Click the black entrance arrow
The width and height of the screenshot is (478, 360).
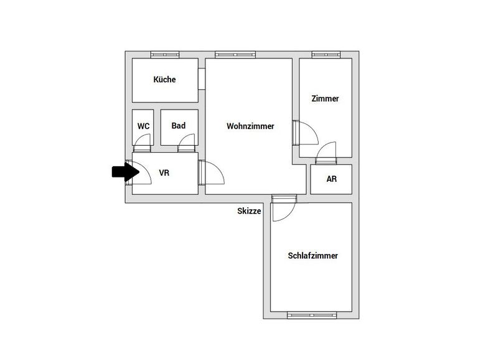[126, 172]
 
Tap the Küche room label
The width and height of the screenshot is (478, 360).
[164, 80]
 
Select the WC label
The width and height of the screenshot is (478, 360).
[143, 126]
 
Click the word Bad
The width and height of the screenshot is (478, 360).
[179, 125]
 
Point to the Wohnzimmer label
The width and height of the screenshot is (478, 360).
[250, 126]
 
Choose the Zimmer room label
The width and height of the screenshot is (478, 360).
[325, 98]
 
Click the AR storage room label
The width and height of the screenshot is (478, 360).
[331, 179]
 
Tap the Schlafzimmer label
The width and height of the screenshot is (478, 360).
[313, 255]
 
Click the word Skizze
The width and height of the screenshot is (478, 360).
[249, 211]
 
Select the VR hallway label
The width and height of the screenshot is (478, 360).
[164, 173]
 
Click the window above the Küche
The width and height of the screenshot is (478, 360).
[165, 55]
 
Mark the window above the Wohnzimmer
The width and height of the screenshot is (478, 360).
[235, 55]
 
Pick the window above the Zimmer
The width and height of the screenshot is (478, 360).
[326, 55]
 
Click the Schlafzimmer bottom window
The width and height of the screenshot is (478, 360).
[312, 315]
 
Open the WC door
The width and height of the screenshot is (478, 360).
[143, 143]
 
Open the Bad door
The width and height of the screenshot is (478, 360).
[186, 143]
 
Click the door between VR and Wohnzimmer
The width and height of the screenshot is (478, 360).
[211, 173]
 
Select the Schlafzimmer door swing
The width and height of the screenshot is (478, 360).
[284, 208]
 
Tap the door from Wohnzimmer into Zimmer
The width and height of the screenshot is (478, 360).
[306, 133]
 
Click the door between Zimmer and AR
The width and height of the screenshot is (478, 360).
[326, 153]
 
